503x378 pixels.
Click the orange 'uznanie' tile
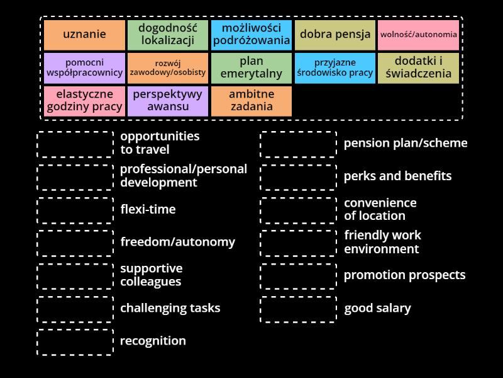[x=84, y=35]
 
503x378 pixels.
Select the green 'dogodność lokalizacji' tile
[x=168, y=35]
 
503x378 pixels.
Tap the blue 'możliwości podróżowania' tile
[x=251, y=35]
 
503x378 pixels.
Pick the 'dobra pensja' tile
[x=335, y=35]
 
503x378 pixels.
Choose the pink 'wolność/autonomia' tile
[x=419, y=35]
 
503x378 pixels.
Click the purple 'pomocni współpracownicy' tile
[x=84, y=68]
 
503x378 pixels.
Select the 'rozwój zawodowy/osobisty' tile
[x=168, y=68]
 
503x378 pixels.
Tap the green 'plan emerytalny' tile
[x=251, y=68]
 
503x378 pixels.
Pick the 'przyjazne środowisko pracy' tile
[x=335, y=68]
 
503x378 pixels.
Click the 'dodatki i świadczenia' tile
[x=419, y=68]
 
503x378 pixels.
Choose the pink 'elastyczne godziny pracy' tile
[x=84, y=101]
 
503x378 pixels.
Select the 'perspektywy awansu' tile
[x=168, y=101]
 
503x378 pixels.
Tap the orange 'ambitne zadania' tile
[x=251, y=101]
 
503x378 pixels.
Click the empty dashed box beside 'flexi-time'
[x=75, y=210]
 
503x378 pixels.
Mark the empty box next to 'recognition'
[x=75, y=342]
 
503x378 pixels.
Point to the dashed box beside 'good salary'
[x=299, y=309]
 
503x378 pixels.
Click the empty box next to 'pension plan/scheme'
[x=299, y=144]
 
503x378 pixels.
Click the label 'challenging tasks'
[x=170, y=309]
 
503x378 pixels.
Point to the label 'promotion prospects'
[x=404, y=275]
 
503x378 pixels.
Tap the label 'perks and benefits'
[x=397, y=176]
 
